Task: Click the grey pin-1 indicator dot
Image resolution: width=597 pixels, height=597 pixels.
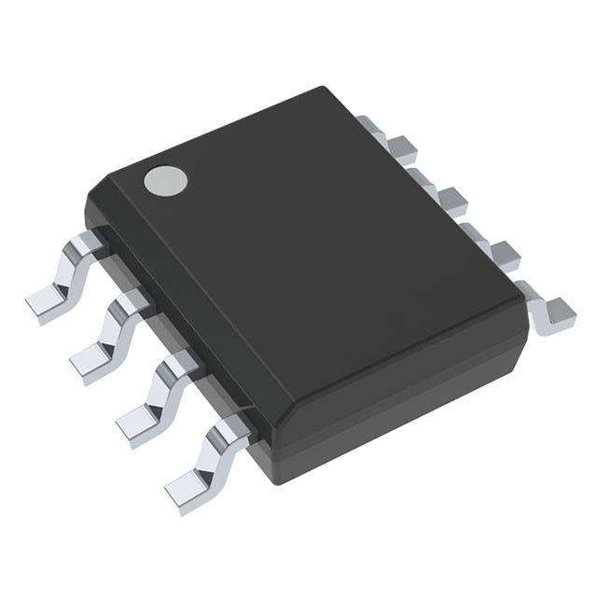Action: coord(164,180)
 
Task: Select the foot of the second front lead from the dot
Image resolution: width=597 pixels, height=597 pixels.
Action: coord(91,360)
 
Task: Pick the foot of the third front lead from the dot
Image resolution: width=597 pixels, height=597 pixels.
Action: coord(138,419)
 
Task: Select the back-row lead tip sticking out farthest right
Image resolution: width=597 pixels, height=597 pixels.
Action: coord(558,312)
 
